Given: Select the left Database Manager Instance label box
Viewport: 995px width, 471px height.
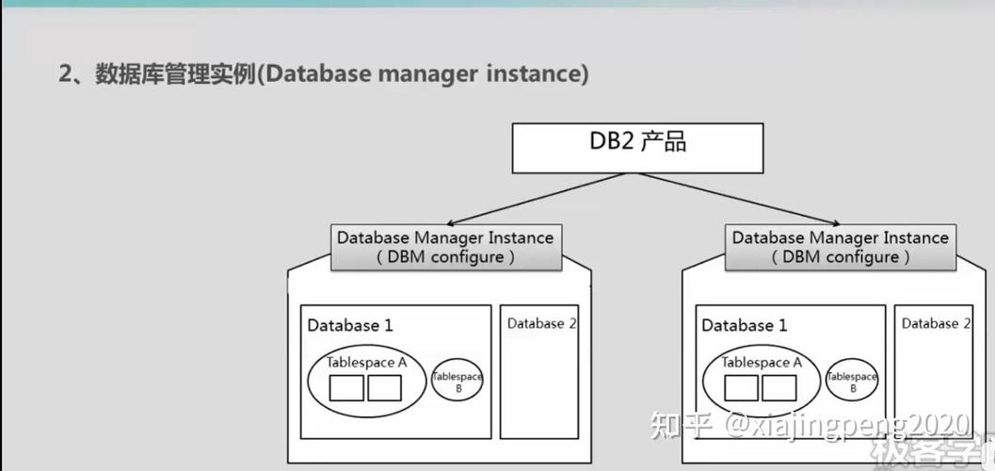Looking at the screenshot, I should (x=445, y=247).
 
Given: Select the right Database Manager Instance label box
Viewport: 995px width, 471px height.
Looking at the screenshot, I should (x=840, y=247).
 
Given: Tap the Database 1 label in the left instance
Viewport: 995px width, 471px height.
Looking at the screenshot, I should (x=349, y=326).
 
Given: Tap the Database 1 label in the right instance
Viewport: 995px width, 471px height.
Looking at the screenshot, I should (x=744, y=326).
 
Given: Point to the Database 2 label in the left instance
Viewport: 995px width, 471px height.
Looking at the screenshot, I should (x=541, y=324).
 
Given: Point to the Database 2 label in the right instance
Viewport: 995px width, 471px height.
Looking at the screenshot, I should (x=936, y=324).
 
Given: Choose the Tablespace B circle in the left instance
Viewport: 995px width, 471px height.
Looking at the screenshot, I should (x=457, y=381).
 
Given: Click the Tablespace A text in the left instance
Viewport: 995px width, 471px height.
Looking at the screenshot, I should (x=366, y=362).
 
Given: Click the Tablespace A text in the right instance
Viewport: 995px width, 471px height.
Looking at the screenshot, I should (x=762, y=362).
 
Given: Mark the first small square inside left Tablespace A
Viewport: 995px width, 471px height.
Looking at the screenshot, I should (x=345, y=388).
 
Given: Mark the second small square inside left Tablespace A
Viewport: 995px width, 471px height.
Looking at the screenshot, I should (x=384, y=388).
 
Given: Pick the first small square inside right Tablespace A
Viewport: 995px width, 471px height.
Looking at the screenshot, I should (x=741, y=388).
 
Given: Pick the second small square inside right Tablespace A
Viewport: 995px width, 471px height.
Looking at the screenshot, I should (x=778, y=388).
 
